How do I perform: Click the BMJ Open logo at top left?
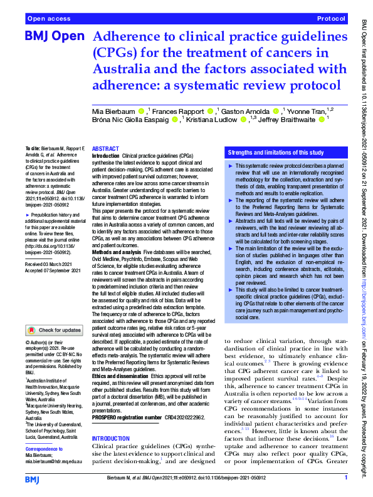click(x=54, y=36)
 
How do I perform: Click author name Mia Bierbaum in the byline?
click(x=118, y=111)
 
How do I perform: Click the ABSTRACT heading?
click(x=105, y=148)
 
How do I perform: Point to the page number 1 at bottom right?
click(x=346, y=479)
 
